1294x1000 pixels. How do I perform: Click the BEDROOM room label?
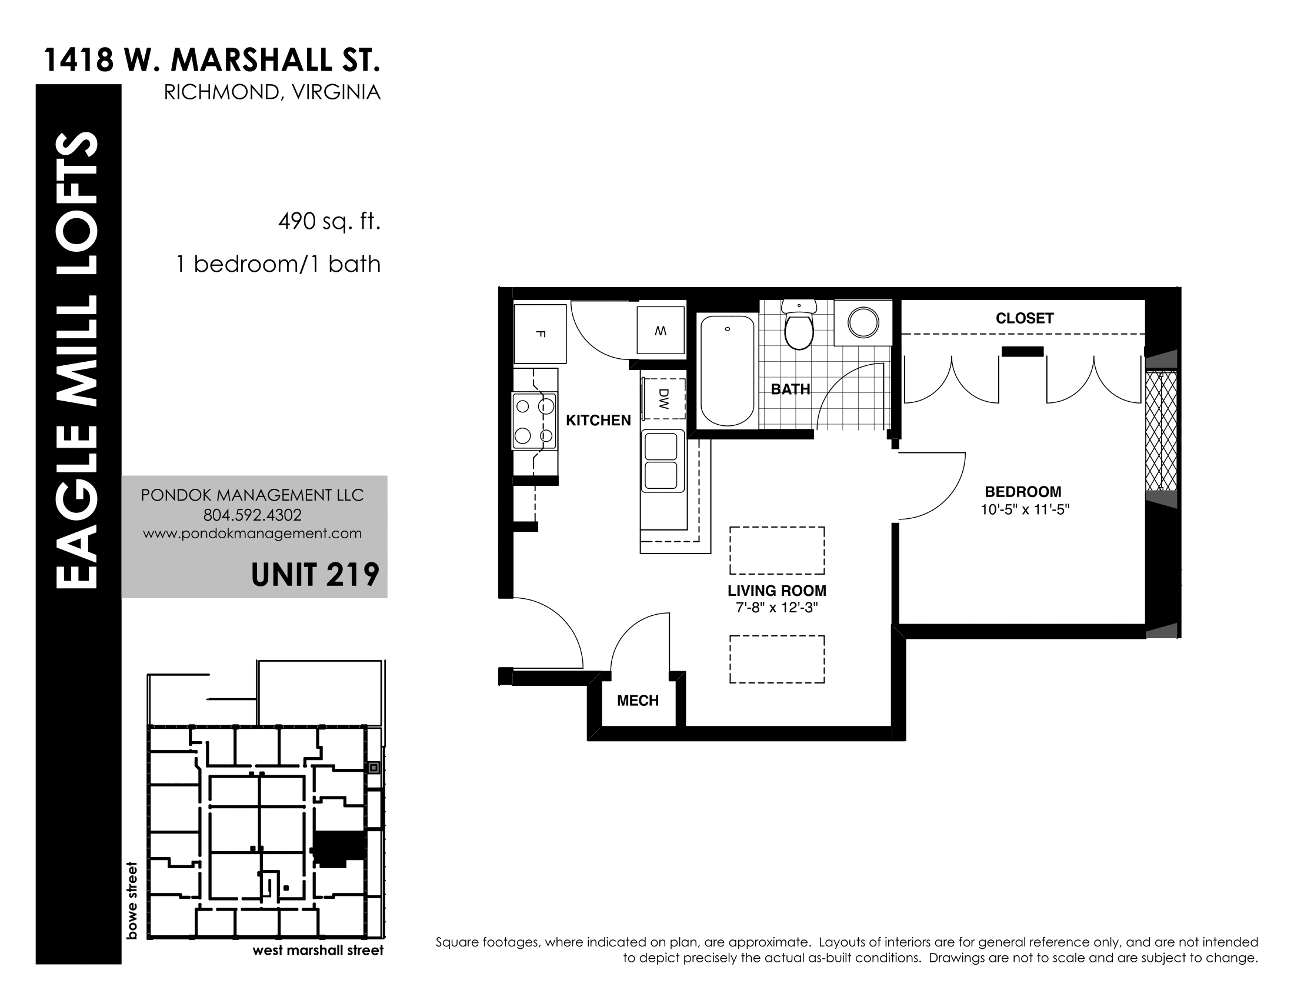[1023, 492]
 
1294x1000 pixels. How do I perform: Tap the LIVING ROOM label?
[777, 591]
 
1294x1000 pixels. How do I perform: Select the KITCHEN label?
[598, 421]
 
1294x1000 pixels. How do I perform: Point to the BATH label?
[791, 389]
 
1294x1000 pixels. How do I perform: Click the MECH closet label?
[638, 701]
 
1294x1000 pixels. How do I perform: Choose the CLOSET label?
[1025, 318]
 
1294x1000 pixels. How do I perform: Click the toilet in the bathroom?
[799, 325]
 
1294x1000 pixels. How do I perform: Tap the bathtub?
[728, 370]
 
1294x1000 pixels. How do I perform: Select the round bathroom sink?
[863, 322]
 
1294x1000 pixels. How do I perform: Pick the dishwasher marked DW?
[663, 399]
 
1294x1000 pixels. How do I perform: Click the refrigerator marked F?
[540, 334]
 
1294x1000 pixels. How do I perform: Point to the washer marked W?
[661, 330]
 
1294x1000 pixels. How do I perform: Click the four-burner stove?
[535, 421]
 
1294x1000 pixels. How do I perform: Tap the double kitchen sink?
[661, 462]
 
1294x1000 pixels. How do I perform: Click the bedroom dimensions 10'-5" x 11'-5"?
[1025, 509]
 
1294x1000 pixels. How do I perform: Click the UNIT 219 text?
[315, 574]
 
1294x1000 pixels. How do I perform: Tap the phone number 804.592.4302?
[252, 515]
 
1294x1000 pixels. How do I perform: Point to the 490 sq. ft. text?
[329, 222]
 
